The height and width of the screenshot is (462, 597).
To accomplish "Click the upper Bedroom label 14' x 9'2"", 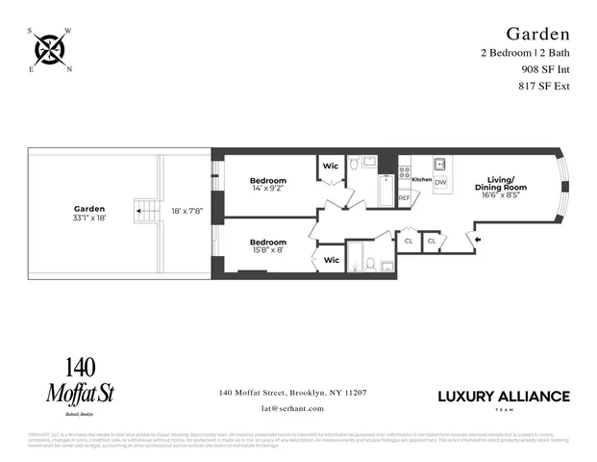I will [x=268, y=185].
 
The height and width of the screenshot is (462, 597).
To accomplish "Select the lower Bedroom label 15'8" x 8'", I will [x=268, y=246].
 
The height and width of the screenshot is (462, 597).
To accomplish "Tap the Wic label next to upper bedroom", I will [x=331, y=166].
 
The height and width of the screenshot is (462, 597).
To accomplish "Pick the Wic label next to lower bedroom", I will [x=331, y=259].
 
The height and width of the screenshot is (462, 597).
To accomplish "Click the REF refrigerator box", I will [x=404, y=197].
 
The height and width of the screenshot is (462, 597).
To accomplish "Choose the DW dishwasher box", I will [x=440, y=182].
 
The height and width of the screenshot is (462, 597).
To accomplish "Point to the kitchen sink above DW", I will [x=439, y=164].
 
